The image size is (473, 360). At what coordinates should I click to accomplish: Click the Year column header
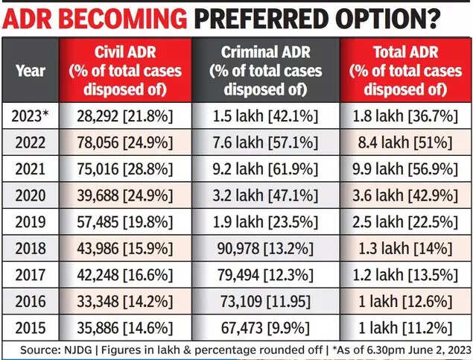click(30, 72)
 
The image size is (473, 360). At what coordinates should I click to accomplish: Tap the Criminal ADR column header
click(266, 71)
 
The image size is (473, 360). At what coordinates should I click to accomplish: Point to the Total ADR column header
click(406, 71)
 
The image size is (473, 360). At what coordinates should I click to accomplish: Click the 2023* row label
click(30, 116)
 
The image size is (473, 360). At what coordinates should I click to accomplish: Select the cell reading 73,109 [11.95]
click(266, 302)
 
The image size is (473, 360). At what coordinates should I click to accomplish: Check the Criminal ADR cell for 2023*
click(266, 116)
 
